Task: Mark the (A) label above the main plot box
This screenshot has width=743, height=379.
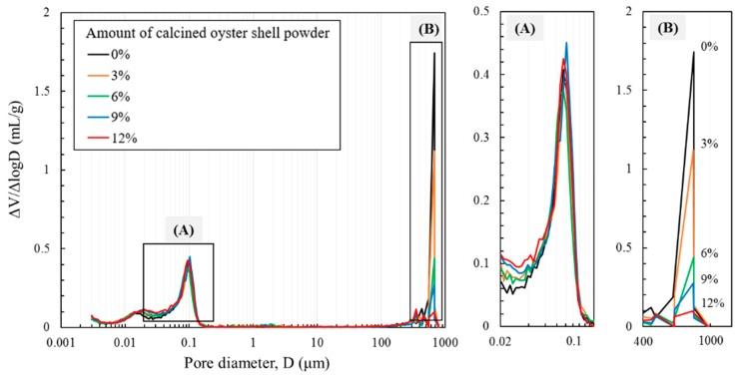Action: point(183,229)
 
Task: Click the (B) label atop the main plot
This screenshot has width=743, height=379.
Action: point(426,29)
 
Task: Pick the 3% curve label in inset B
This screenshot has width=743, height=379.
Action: point(709,143)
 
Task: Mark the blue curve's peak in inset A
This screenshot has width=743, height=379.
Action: point(566,44)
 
